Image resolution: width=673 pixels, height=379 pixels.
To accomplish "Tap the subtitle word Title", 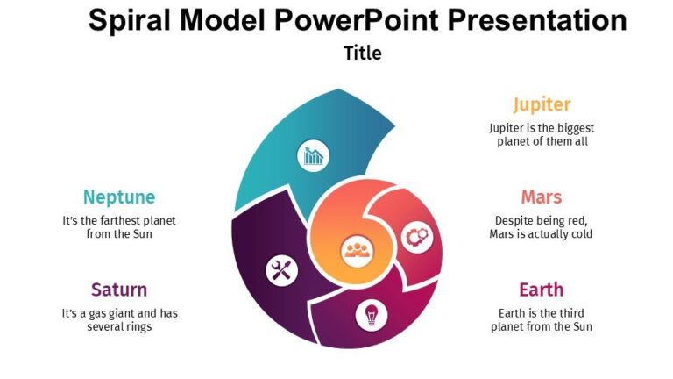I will click(x=362, y=53).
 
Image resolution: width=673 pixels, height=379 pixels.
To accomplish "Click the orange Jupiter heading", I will click(x=542, y=104).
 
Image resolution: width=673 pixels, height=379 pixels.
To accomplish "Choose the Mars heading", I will click(x=541, y=197).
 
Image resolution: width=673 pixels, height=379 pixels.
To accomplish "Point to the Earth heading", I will click(x=541, y=290).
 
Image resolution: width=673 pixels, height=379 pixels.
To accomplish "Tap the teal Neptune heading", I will click(x=119, y=197).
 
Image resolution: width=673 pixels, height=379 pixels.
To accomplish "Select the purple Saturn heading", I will click(x=119, y=290).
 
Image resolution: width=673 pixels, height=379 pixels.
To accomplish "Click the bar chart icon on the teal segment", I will click(x=314, y=156).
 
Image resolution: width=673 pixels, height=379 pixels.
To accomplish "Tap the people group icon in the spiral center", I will click(x=358, y=250).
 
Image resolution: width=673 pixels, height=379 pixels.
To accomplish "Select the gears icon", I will click(x=416, y=235).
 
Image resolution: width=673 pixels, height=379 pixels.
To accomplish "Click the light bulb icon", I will click(x=371, y=314).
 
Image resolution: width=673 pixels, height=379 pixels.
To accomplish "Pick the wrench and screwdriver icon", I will click(x=280, y=270).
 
